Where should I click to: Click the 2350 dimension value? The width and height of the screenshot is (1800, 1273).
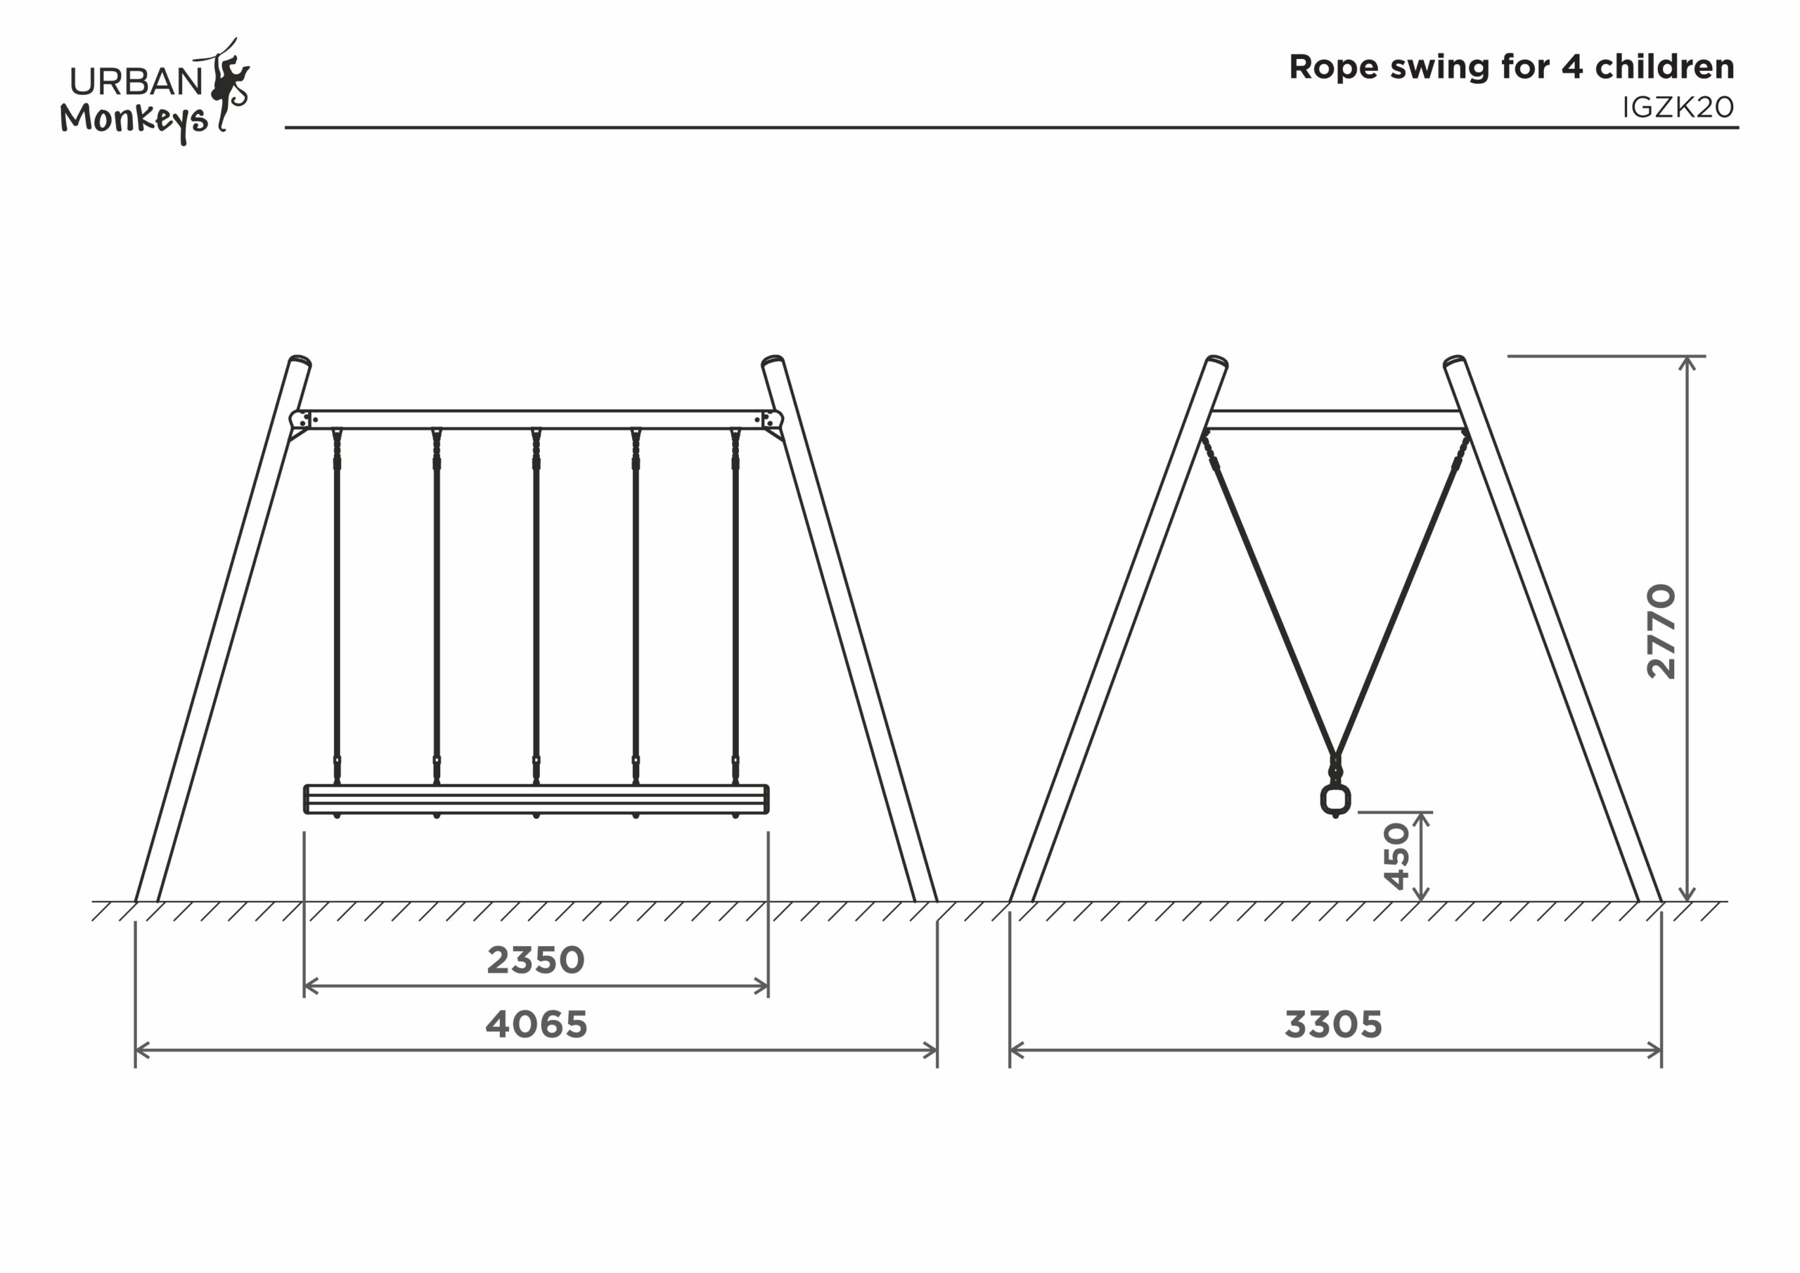536,960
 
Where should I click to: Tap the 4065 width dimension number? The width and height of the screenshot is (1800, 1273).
536,1024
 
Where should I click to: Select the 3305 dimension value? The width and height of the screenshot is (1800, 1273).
1332,1024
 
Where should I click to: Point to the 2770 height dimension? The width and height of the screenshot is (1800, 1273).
1661,631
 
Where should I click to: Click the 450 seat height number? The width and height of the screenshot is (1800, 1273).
1397,856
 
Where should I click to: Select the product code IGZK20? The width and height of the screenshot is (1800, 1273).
1678,108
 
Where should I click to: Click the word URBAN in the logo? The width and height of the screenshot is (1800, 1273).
136,82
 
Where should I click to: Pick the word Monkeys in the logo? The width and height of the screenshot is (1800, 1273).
134,120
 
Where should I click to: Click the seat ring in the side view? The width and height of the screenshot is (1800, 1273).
1335,799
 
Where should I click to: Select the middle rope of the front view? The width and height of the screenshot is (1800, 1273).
536,612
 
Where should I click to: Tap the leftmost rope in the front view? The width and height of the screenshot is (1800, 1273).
337,612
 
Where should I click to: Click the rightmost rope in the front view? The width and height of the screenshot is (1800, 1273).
735,612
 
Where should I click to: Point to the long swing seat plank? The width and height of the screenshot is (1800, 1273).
536,799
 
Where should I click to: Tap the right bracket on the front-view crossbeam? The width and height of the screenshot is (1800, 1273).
771,421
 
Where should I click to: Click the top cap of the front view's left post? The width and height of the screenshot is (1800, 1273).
300,361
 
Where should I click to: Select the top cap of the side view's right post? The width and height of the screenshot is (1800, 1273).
1454,361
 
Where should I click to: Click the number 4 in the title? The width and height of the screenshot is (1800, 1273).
1573,67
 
